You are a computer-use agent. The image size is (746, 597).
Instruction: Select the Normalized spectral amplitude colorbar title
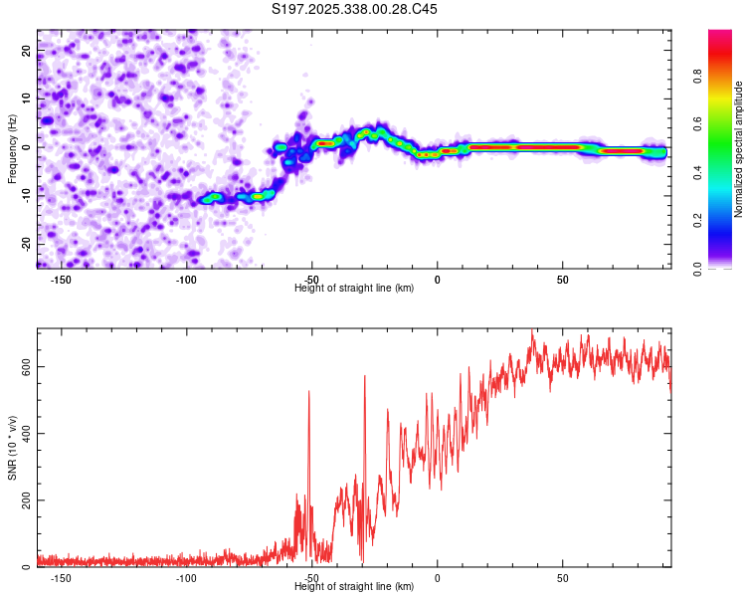(x=739, y=149)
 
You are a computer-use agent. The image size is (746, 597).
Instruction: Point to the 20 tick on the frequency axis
(x=26, y=50)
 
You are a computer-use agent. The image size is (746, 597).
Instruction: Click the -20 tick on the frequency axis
(x=24, y=244)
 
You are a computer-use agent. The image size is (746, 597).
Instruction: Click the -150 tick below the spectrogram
(x=61, y=281)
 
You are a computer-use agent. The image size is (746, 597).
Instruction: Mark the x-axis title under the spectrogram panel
(x=354, y=289)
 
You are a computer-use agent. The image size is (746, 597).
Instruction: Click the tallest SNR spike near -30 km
(x=365, y=376)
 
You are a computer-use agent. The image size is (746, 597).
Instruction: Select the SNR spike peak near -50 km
(x=309, y=392)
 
